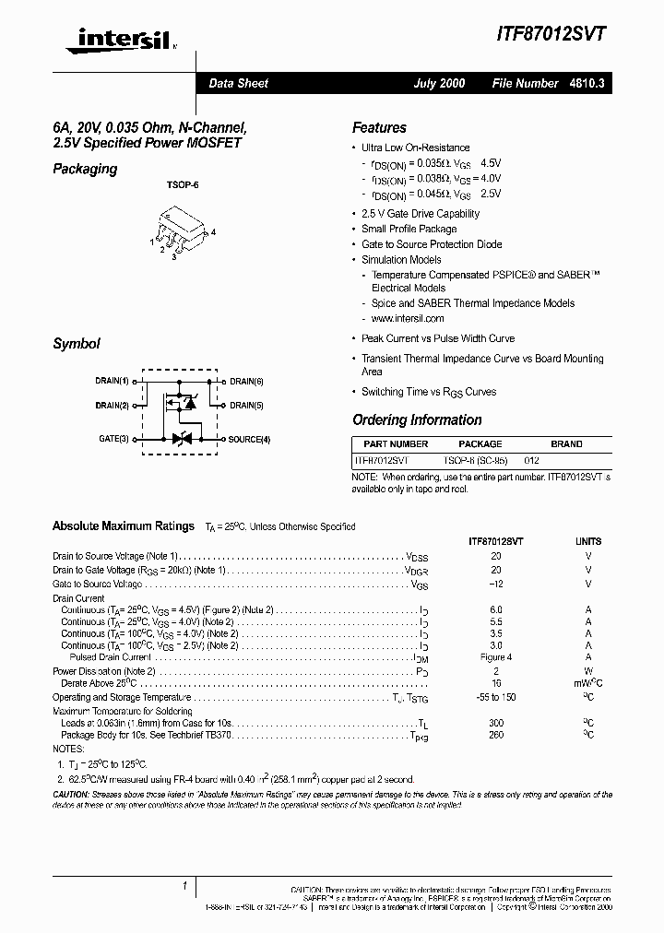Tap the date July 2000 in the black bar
point(439,83)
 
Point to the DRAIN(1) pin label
point(112,381)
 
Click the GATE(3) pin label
point(114,439)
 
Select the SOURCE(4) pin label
point(249,439)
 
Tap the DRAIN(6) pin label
point(246,381)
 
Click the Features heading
point(379,128)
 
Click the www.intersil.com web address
point(407,318)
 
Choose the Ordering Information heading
point(417,420)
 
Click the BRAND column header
point(566,443)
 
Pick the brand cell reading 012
point(531,459)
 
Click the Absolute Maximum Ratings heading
point(124,526)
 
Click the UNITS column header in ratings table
point(588,541)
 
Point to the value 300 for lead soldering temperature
point(496,724)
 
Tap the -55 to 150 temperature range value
point(496,697)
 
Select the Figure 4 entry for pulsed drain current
point(496,657)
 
